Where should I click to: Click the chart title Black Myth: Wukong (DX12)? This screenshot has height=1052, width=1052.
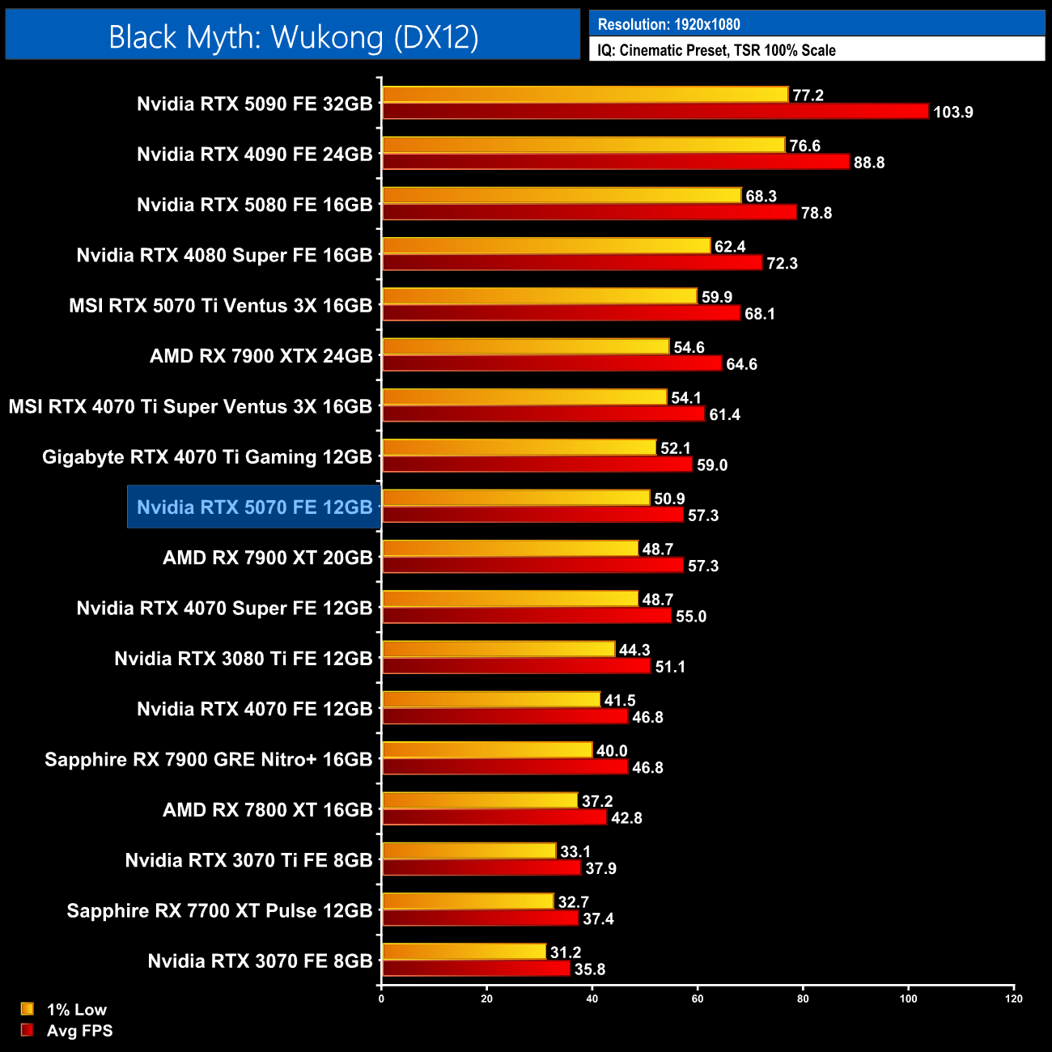(293, 37)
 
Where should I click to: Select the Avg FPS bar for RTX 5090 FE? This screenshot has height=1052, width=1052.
(655, 112)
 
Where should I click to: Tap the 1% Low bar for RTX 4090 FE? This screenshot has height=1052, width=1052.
(583, 145)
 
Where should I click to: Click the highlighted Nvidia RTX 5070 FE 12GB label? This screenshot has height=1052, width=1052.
(254, 507)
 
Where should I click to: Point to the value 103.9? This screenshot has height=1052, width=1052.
(952, 112)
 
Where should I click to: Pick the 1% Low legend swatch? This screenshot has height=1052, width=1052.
(28, 1009)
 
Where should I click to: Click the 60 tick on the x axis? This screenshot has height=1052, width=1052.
(698, 999)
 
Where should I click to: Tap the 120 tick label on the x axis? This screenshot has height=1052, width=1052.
(1014, 999)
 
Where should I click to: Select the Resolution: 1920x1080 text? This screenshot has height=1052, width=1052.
(668, 24)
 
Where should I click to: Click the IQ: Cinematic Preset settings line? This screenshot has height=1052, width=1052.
(716, 50)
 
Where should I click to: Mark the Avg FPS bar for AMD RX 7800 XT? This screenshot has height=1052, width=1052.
(494, 817)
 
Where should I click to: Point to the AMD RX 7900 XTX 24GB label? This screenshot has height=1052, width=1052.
(261, 356)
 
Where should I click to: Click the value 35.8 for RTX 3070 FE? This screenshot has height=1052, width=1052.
(589, 969)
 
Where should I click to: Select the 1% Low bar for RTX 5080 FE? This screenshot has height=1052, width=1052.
(562, 196)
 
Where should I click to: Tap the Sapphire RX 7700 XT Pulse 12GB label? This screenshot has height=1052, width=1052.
(219, 910)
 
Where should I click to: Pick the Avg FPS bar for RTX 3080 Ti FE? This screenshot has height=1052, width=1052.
(516, 666)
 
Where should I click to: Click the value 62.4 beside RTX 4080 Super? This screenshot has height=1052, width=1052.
(729, 247)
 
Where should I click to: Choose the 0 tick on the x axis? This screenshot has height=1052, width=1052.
(381, 999)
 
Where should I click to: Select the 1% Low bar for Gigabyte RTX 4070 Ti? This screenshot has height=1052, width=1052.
(519, 448)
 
